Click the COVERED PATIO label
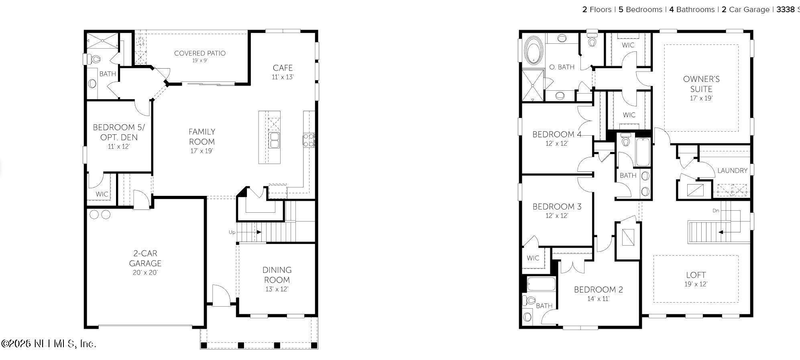200,53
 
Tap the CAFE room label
283,68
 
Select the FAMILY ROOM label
202,136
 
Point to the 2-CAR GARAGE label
145,258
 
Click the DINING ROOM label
277,275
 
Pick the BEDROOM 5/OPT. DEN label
119,132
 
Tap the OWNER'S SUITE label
701,84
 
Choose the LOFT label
696,275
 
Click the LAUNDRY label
732,171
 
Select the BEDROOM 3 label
557,207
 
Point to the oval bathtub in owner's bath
533,50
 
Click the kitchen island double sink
275,140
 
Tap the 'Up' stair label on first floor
232,232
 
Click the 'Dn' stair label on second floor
716,211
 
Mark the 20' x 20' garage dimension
145,273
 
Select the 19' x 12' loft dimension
696,284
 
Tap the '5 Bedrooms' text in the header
640,10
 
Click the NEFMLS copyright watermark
49,344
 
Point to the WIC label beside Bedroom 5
102,194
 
